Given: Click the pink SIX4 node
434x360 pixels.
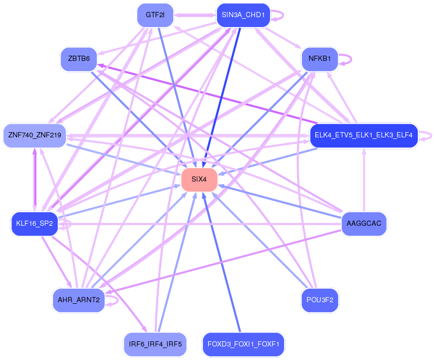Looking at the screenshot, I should click(199, 179).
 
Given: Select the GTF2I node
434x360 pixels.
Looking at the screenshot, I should click(155, 15).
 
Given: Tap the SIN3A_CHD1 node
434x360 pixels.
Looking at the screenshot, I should click(243, 15).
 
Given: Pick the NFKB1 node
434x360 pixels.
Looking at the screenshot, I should click(320, 59).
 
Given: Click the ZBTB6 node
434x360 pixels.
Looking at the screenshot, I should click(79, 59).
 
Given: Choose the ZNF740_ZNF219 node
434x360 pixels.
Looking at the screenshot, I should click(34, 135).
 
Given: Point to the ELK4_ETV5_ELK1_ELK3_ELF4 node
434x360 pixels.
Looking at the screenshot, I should click(363, 135).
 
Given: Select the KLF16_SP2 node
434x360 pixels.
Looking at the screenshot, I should click(34, 224).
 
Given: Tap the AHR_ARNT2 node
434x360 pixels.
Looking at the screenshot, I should click(79, 300).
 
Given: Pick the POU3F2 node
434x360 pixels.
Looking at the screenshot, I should click(320, 300).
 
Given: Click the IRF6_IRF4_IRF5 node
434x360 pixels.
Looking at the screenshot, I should click(155, 344).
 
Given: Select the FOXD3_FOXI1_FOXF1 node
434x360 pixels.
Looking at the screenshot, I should click(244, 344).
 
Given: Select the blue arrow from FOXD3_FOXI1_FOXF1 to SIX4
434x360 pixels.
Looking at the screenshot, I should click(221, 262).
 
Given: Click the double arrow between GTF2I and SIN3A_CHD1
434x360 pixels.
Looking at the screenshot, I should click(195, 15).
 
